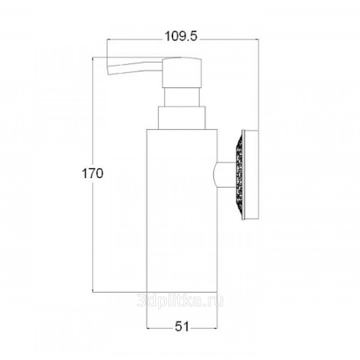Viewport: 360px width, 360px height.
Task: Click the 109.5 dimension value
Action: click(x=181, y=36)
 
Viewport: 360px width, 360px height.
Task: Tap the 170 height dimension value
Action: click(x=93, y=173)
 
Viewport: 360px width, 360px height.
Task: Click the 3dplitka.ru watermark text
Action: click(x=180, y=301)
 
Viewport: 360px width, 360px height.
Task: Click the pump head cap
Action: click(x=182, y=72)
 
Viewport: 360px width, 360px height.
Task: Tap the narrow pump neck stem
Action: click(x=182, y=97)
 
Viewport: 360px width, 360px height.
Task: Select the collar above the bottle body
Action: click(x=182, y=118)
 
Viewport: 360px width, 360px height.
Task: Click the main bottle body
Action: click(x=182, y=211)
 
